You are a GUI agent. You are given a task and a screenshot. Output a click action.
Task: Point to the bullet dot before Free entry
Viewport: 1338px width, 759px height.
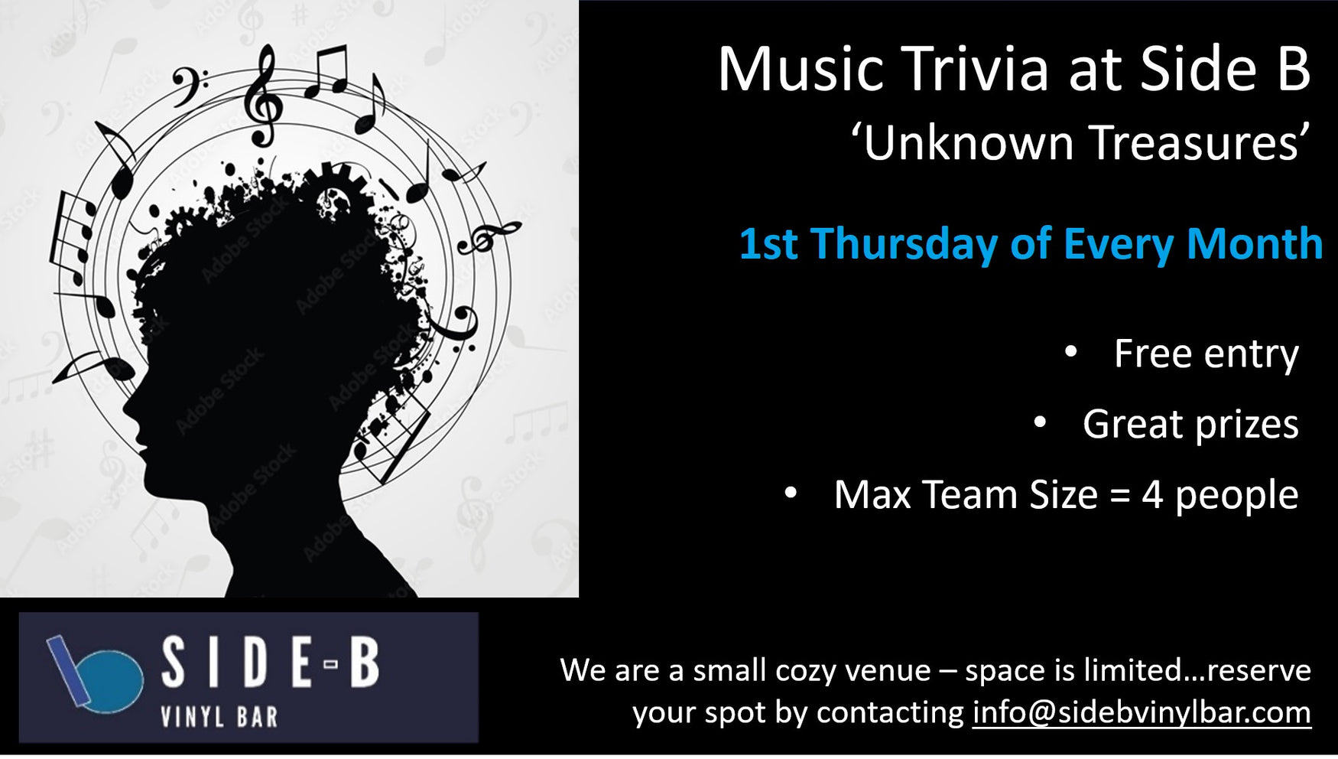point(1070,352)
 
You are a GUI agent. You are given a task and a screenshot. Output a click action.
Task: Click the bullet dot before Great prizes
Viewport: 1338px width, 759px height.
point(1039,422)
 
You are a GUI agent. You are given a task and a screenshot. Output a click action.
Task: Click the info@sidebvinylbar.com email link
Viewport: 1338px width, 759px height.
point(1141,713)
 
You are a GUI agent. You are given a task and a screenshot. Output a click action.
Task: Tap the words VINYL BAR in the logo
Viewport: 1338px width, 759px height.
point(219,718)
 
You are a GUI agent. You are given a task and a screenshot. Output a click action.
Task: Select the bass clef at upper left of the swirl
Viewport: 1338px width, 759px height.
point(187,84)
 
